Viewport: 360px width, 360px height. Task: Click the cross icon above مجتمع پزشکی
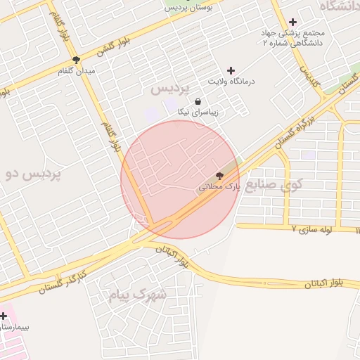pos(292,22)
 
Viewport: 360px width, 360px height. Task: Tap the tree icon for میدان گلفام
pos(76,60)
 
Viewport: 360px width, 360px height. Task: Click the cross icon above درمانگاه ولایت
pos(231,70)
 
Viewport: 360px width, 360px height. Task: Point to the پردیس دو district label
pos(33,172)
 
